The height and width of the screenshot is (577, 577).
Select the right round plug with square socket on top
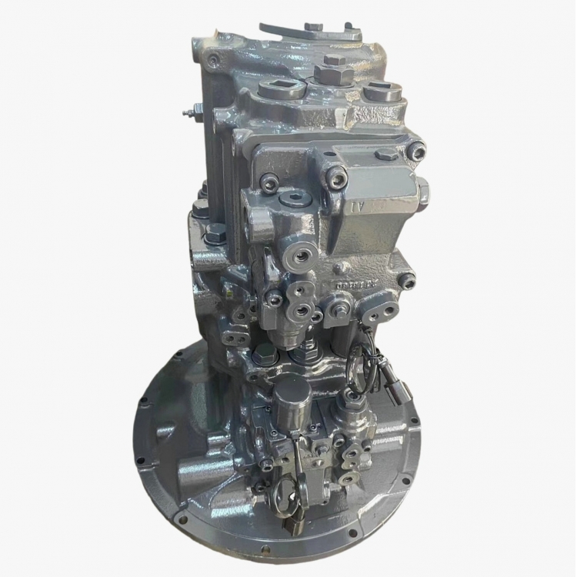tap(382, 94)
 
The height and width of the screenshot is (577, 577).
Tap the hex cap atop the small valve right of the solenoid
tap(353, 398)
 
